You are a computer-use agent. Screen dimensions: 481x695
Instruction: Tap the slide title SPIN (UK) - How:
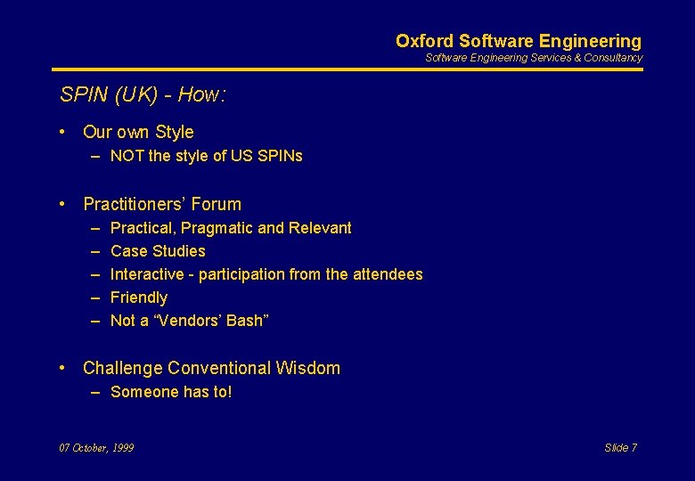click(x=142, y=95)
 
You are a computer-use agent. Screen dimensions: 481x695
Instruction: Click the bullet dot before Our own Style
click(x=63, y=132)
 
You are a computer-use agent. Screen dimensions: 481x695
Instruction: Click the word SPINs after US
click(x=280, y=156)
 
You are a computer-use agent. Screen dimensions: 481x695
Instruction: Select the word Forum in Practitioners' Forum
click(x=217, y=204)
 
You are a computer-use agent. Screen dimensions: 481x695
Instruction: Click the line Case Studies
click(x=158, y=251)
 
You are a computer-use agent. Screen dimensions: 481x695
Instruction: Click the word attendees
click(x=388, y=274)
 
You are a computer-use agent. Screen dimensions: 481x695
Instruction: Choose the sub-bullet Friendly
click(x=139, y=298)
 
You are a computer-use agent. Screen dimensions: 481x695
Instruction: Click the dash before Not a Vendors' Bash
click(x=94, y=321)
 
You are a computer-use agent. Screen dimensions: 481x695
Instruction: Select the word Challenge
click(x=122, y=368)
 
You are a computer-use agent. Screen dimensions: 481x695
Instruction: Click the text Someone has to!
click(x=171, y=392)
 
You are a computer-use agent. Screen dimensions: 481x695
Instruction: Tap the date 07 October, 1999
click(x=96, y=448)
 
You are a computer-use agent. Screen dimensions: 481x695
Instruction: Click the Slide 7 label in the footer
click(x=620, y=448)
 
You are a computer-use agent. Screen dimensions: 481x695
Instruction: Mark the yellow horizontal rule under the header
click(x=347, y=69)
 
